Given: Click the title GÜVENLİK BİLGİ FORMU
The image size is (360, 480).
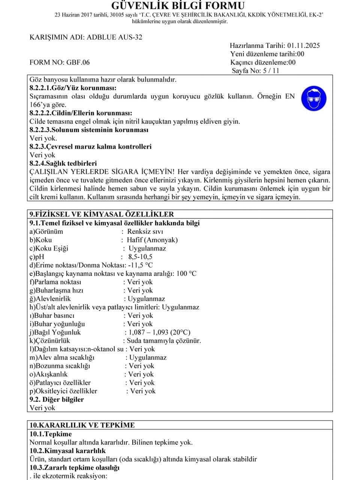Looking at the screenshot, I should [178, 6].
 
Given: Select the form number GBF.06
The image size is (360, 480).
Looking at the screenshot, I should [78, 62].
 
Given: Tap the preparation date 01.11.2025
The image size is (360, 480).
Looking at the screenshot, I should [303, 45].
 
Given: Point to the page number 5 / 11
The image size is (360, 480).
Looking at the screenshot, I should [271, 70].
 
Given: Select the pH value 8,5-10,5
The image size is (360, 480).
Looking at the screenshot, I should [140, 257].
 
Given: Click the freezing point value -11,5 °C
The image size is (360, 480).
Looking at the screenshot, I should [138, 265].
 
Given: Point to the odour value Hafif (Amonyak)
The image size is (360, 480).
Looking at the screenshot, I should [152, 240].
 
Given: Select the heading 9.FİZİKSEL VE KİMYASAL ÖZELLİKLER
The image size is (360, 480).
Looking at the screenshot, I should [102, 214].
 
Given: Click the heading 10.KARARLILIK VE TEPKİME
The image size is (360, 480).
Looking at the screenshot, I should [82, 425].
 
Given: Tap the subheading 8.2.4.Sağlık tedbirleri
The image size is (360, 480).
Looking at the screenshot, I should [63, 163].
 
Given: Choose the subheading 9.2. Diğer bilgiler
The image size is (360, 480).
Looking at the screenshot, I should [57, 399].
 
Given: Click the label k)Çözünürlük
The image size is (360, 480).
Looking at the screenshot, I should [50, 341].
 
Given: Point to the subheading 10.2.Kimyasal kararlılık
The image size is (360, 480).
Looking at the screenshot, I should [67, 451].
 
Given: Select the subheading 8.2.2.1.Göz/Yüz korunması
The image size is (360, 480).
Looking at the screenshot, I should [72, 88].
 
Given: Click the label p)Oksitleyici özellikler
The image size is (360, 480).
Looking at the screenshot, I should [63, 391].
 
